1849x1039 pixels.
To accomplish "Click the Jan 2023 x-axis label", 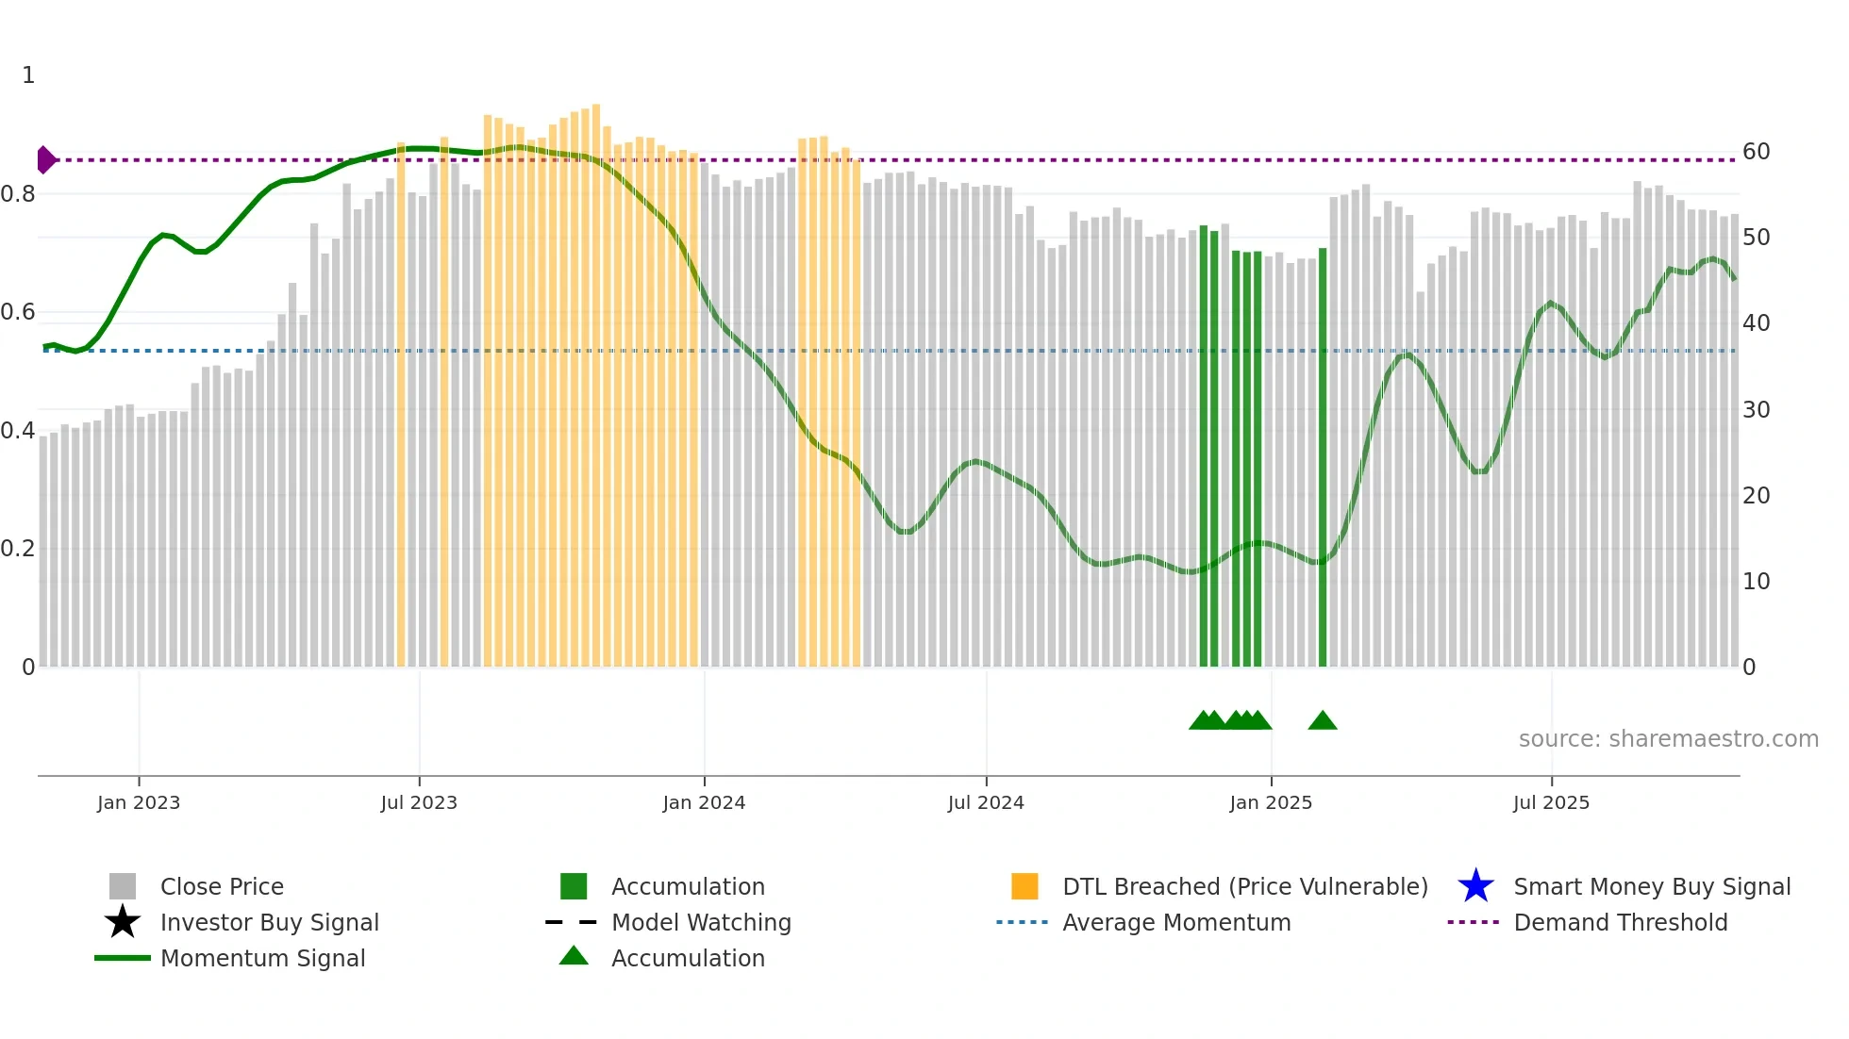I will click(138, 802).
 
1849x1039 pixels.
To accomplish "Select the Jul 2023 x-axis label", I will click(419, 802).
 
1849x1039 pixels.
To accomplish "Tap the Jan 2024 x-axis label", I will click(704, 802).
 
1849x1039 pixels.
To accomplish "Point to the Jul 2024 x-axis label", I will click(986, 802).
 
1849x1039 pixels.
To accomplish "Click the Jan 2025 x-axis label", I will click(1271, 802).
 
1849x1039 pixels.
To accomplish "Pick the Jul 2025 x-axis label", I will click(1551, 802).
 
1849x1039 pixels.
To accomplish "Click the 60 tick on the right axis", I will click(1756, 152).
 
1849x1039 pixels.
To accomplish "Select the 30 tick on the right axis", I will click(1756, 410).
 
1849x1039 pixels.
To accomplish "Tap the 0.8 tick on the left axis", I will click(18, 194).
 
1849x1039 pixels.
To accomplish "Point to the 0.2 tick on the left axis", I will click(18, 549).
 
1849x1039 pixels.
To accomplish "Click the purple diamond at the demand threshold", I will click(45, 160).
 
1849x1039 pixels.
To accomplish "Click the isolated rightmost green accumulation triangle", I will click(1323, 721).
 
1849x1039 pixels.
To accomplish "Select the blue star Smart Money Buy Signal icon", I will click(1475, 886).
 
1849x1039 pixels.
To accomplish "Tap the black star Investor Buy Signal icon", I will click(123, 922).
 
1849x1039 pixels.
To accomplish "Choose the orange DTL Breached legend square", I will click(1024, 886).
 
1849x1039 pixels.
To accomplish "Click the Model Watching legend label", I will click(701, 922).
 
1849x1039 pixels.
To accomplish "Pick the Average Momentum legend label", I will click(1176, 922).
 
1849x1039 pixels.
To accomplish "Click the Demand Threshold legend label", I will click(1620, 922).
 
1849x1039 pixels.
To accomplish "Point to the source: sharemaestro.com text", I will click(1668, 739).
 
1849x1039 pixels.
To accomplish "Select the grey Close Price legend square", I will click(123, 886).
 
